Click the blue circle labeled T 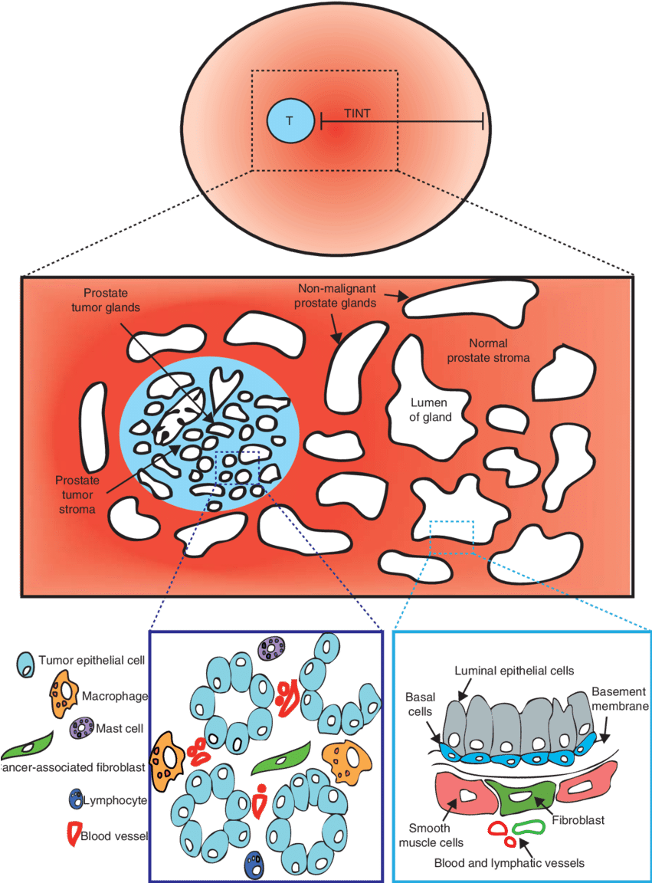[x=290, y=121]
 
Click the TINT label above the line [x=357, y=113]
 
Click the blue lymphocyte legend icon [x=75, y=799]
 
